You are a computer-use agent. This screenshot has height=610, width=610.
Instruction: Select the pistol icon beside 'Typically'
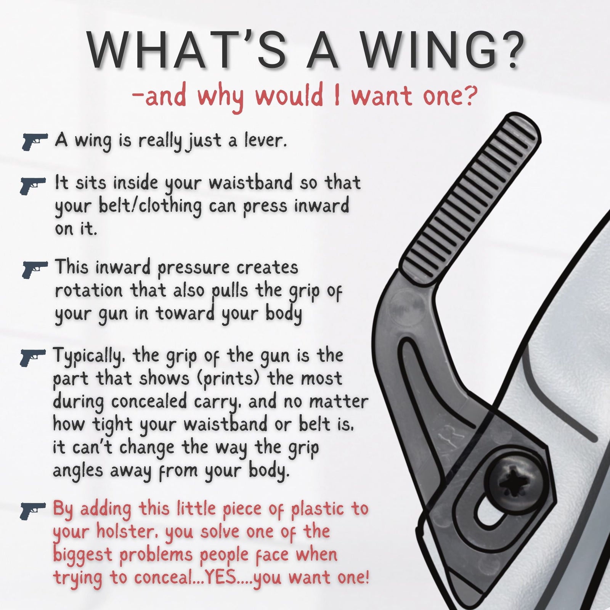(33, 357)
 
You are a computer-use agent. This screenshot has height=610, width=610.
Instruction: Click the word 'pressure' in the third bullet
(193, 268)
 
